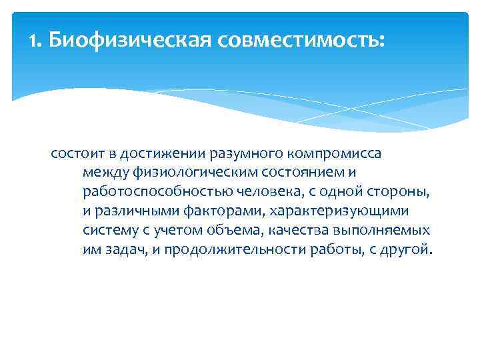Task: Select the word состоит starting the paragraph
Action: pyautogui.click(x=75, y=154)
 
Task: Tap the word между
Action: pyautogui.click(x=105, y=173)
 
